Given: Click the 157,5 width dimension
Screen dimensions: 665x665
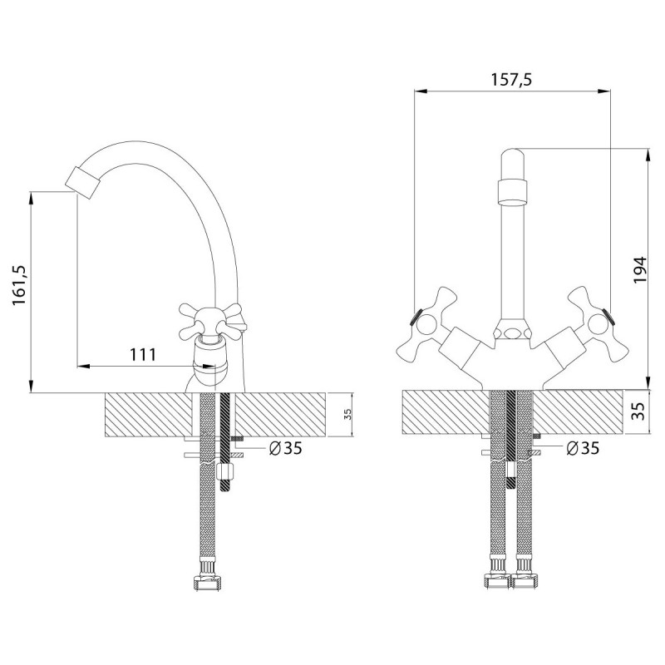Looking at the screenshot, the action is coord(511,79).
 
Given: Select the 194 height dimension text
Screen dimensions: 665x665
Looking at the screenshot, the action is coord(640,270).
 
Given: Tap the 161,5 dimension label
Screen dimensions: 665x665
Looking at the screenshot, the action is coord(19,285).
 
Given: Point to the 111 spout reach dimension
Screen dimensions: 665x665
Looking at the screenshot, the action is coord(143,354).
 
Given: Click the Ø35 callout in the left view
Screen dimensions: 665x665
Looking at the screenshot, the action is coord(286,448).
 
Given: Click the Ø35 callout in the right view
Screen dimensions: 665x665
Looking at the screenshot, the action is coord(583,448).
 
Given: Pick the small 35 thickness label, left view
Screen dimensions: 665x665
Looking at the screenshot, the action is coord(347,414).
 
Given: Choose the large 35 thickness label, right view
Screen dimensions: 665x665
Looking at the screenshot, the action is coord(640,411).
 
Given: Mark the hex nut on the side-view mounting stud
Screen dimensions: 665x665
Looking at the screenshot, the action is coord(224,470).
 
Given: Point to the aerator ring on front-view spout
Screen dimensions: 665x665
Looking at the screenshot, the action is coord(513,192).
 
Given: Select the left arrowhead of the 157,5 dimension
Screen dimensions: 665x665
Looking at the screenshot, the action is coord(421,91).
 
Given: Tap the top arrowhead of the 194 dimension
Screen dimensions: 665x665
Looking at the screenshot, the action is coord(648,155).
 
